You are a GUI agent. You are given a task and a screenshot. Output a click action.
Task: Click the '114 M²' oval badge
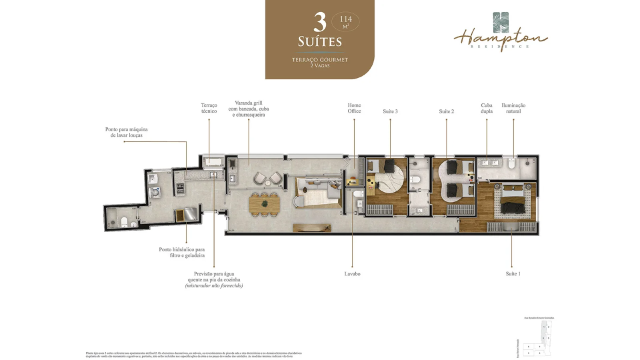(345, 22)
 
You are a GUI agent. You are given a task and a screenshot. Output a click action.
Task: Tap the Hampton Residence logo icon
(500, 23)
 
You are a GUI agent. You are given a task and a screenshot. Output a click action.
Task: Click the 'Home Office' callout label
(354, 108)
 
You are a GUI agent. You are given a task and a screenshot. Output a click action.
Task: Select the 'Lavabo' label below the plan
(352, 274)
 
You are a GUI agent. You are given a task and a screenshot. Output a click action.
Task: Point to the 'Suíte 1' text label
(513, 274)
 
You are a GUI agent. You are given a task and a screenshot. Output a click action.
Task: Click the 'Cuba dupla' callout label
(486, 108)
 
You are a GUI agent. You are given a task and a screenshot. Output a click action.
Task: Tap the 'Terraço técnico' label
(209, 108)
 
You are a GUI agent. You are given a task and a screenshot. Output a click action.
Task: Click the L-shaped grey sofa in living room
(320, 192)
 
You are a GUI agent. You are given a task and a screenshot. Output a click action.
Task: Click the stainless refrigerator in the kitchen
(190, 214)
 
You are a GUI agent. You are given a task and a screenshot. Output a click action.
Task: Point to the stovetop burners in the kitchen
(179, 188)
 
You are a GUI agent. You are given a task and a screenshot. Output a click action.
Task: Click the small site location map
(536, 337)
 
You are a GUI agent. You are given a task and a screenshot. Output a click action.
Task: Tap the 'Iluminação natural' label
(513, 108)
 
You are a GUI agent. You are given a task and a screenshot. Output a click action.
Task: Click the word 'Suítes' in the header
(320, 41)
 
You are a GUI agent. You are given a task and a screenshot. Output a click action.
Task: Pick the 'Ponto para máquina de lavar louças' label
(126, 132)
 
